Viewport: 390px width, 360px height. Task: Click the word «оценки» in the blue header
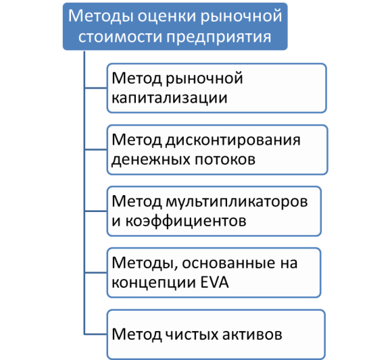[168, 16]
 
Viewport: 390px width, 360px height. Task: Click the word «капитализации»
[170, 99]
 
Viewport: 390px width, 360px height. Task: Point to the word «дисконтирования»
[233, 140]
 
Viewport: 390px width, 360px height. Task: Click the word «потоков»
[225, 159]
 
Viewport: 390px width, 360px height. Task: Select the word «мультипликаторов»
[237, 202]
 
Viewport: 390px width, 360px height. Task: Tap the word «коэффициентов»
[186, 221]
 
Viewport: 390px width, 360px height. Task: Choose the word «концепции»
[153, 283]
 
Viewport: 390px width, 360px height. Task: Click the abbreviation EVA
[214, 282]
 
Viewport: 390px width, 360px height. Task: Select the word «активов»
[252, 334]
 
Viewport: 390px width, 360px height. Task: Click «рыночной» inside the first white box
[204, 79]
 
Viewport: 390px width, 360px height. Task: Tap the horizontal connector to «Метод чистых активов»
[96, 334]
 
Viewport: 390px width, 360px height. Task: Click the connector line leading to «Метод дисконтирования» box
[96, 150]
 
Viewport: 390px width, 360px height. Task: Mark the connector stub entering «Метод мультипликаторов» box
[96, 211]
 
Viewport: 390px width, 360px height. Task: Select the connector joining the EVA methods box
[96, 273]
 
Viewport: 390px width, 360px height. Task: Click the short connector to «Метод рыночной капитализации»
[96, 88]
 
